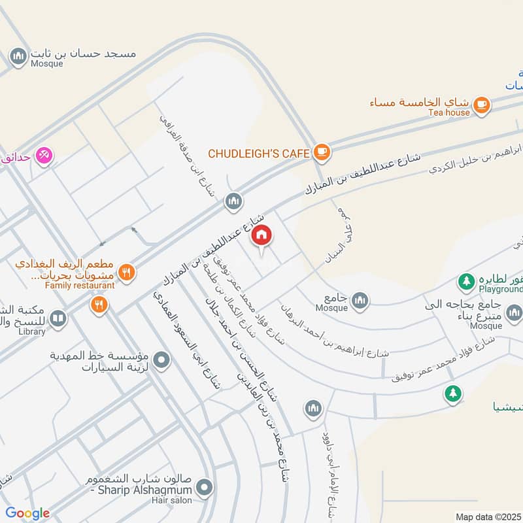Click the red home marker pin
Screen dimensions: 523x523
(x=261, y=235)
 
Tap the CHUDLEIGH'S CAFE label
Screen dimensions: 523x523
(x=258, y=153)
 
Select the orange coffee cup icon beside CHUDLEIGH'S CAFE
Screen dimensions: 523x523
(x=322, y=152)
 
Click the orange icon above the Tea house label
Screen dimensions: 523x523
(x=481, y=103)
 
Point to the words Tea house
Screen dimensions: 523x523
(x=449, y=112)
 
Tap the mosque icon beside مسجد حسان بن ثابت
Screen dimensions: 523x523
(x=18, y=55)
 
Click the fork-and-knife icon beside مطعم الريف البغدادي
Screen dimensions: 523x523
(x=127, y=271)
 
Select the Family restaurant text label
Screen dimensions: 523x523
(x=80, y=286)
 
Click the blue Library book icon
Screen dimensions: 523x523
(x=58, y=318)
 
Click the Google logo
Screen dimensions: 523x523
(x=27, y=513)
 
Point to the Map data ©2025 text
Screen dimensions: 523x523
(x=487, y=516)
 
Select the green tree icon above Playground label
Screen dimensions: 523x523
(x=465, y=282)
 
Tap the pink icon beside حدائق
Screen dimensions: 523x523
(x=44, y=155)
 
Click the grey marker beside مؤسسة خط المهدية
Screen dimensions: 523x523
(x=163, y=360)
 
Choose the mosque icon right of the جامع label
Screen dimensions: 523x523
(x=360, y=300)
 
